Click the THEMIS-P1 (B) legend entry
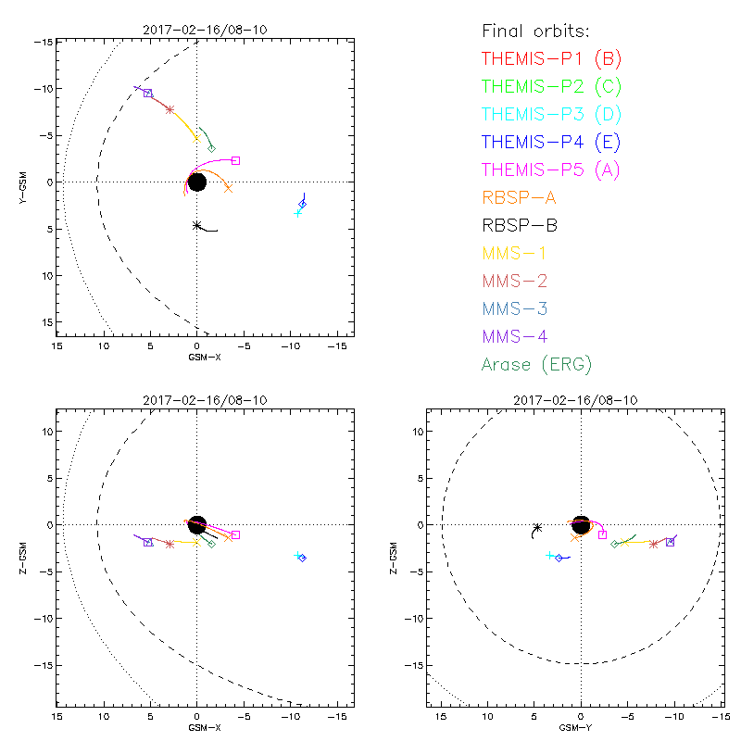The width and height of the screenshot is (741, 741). pyautogui.click(x=551, y=59)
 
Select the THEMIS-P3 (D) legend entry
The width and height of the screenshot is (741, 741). pyautogui.click(x=551, y=115)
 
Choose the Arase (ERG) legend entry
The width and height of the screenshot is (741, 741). pyautogui.click(x=536, y=364)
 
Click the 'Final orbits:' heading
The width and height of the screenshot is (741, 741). pyautogui.click(x=541, y=31)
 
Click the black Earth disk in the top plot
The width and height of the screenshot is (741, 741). pyautogui.click(x=196, y=182)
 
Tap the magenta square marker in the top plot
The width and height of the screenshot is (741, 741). pyautogui.click(x=235, y=160)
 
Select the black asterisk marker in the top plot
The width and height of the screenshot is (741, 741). pyautogui.click(x=197, y=225)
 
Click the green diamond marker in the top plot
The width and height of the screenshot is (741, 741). pyautogui.click(x=211, y=148)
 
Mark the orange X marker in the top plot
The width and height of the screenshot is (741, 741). pyautogui.click(x=228, y=188)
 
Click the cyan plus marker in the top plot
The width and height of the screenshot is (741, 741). pyautogui.click(x=297, y=213)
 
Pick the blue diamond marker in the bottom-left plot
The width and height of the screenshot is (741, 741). pyautogui.click(x=302, y=558)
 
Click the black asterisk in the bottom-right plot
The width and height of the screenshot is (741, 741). pyautogui.click(x=537, y=528)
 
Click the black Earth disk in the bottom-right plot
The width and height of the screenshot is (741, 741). pyautogui.click(x=581, y=524)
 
